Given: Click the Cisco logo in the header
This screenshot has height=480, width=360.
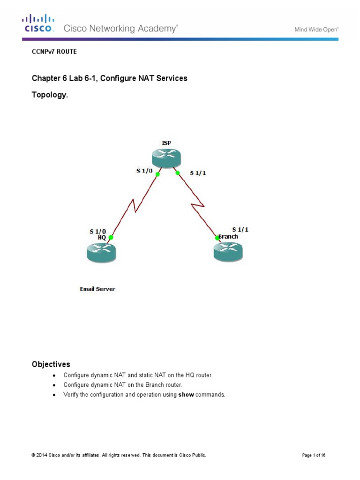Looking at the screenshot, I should [38, 23].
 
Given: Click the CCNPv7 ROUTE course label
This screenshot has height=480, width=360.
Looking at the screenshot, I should [54, 52].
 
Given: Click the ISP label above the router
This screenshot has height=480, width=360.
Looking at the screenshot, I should [167, 143].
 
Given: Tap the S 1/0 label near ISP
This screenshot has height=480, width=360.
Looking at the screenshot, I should [144, 171].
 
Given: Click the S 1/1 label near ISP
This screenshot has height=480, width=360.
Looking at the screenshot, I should [198, 173].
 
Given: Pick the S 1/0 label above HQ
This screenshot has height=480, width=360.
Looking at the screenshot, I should [97, 231].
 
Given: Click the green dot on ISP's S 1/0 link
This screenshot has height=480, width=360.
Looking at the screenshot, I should [158, 174].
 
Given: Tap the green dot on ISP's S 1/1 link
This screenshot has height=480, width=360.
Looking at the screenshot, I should [178, 173].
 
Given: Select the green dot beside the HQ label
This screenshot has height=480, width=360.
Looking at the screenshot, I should [111, 237].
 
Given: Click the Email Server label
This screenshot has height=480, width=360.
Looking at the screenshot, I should [97, 289].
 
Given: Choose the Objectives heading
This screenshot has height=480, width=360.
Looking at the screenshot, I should [51, 364].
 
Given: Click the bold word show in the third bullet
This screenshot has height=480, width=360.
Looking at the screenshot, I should [186, 395].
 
